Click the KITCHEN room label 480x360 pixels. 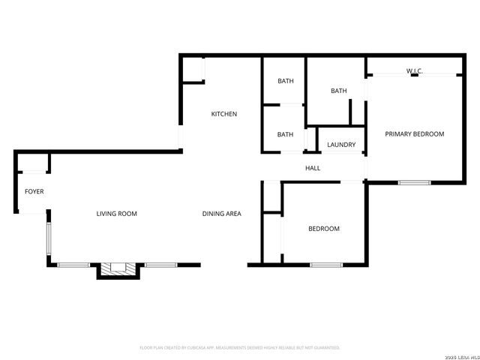point(223,114)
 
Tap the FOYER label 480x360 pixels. point(34,192)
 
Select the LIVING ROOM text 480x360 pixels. point(116,214)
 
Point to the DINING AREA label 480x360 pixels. point(221,214)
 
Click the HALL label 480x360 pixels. point(313,168)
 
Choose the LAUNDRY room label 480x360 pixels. point(341,145)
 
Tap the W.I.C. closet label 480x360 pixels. point(415,71)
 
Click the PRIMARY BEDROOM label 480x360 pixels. point(414,134)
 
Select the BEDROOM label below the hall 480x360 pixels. point(324,229)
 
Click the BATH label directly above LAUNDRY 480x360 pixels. point(339,91)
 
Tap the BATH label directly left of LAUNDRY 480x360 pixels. point(285,135)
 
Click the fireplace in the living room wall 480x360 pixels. point(117,268)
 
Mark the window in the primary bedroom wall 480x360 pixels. point(414,182)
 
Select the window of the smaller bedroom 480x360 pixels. point(326,264)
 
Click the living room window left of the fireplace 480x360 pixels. point(73,264)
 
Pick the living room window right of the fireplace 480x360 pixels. point(160,264)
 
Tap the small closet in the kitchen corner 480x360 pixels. point(194,70)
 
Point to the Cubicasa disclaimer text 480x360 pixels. point(240,348)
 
